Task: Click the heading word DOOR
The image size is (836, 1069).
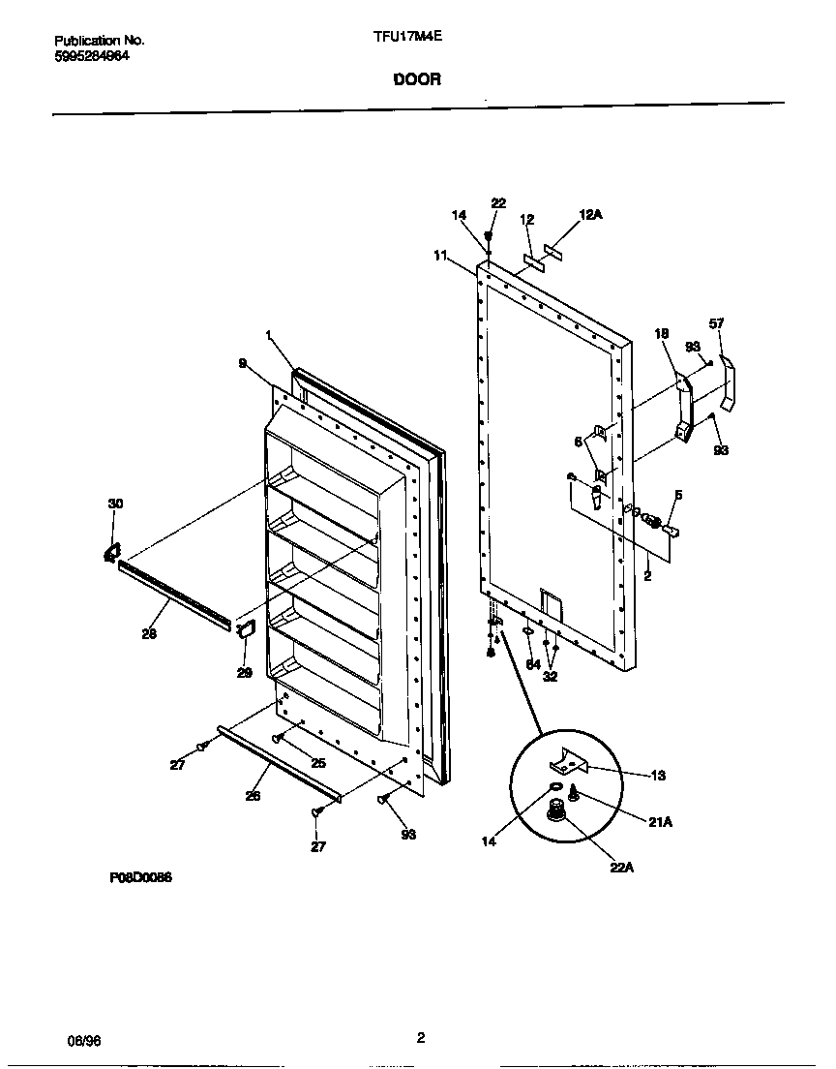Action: pyautogui.click(x=417, y=80)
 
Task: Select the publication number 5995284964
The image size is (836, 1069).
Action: pyautogui.click(x=92, y=55)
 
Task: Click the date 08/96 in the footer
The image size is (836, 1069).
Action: pyautogui.click(x=85, y=1039)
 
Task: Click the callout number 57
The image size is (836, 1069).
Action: pyautogui.click(x=716, y=323)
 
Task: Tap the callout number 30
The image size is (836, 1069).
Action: pyautogui.click(x=115, y=504)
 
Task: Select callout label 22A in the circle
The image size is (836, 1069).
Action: pyautogui.click(x=621, y=868)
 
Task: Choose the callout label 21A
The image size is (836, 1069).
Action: pyautogui.click(x=661, y=822)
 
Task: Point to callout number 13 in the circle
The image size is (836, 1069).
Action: pyautogui.click(x=658, y=776)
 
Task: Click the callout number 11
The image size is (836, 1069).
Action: pyautogui.click(x=441, y=256)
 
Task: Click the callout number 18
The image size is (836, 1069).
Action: pyautogui.click(x=662, y=334)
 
